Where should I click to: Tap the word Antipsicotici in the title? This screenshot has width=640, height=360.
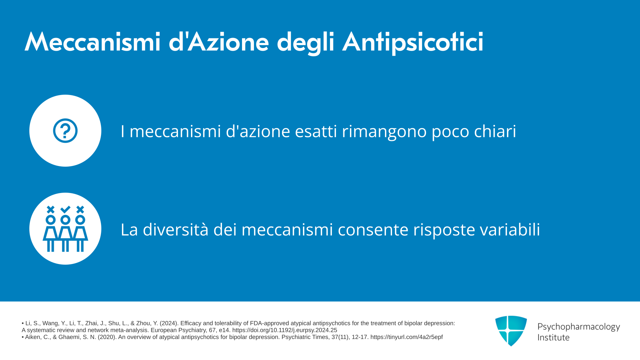coord(413,43)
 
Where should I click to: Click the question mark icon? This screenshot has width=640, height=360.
coord(65,131)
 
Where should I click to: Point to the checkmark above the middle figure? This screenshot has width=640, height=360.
coord(65,209)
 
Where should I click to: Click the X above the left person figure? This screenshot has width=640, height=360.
coord(51,209)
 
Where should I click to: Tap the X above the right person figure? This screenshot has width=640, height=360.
coord(80,209)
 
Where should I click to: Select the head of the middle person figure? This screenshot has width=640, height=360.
coord(65,220)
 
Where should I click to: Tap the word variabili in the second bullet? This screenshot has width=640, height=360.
coord(510,229)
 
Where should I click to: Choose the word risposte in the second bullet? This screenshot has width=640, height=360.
coord(444,230)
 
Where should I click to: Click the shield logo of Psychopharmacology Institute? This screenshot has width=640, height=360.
coord(511,331)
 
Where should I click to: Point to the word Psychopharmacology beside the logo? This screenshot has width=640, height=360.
coord(579,327)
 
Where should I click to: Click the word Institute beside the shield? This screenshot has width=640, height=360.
coord(553,337)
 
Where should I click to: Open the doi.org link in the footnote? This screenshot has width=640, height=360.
coord(285,330)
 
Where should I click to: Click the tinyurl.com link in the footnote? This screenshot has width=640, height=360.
coord(407,337)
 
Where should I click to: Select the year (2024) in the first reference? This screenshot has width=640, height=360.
coord(168,323)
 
